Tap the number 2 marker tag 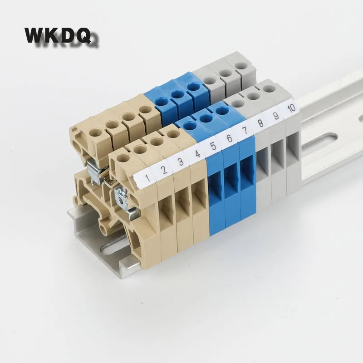pos(164,170)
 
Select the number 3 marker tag pos(181,162)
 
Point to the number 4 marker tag pos(197,154)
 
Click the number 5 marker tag pos(213,146)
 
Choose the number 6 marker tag pos(229,138)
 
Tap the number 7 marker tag pos(245,131)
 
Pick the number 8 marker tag pos(260,123)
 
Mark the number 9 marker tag pos(276,116)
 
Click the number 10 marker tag pos(291,108)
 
